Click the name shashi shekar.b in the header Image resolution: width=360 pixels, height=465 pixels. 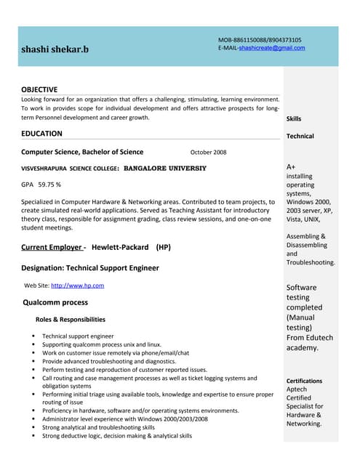pos(55,49)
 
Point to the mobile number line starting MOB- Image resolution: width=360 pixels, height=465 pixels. pos(260,40)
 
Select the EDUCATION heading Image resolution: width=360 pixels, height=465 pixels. pos(41,134)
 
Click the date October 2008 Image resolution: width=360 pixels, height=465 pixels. pos(208,153)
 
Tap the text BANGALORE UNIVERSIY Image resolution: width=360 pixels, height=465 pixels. pos(165,169)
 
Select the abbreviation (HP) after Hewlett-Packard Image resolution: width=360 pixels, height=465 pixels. pos(163,247)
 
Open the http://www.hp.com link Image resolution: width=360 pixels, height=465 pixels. pos(77,286)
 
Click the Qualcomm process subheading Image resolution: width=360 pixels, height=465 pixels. pos(55,302)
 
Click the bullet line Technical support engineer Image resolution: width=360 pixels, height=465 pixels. pos(78,336)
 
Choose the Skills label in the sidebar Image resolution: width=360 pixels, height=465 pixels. pos(294,118)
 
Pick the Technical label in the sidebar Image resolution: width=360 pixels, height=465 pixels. pos(300,136)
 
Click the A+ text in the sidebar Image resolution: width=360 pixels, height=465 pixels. pos(291,167)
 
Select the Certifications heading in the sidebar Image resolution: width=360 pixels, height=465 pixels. pos(304,381)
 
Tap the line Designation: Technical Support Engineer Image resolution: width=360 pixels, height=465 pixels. pos(90,268)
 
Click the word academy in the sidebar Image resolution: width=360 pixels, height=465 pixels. pos(302,348)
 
